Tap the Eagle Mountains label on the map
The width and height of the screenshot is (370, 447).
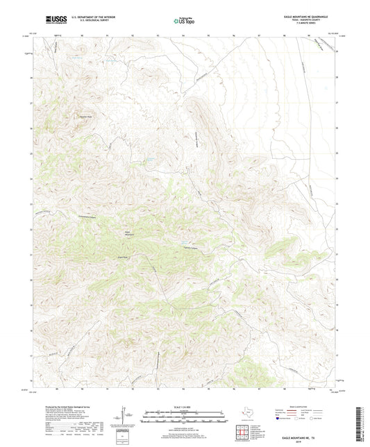coord(129,234)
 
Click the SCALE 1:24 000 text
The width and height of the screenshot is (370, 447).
coord(185,406)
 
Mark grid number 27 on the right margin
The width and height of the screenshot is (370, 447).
coord(337,103)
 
